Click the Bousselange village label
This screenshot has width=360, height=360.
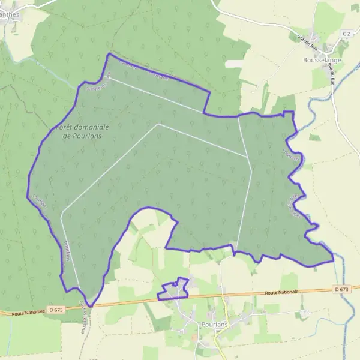point(323,61)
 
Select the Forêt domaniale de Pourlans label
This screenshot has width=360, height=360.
point(83,131)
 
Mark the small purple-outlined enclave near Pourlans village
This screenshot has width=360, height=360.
point(173,290)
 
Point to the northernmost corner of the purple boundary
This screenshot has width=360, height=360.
point(109,55)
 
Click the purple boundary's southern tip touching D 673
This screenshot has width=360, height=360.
point(89,305)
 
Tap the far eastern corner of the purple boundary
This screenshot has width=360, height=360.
point(332,260)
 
